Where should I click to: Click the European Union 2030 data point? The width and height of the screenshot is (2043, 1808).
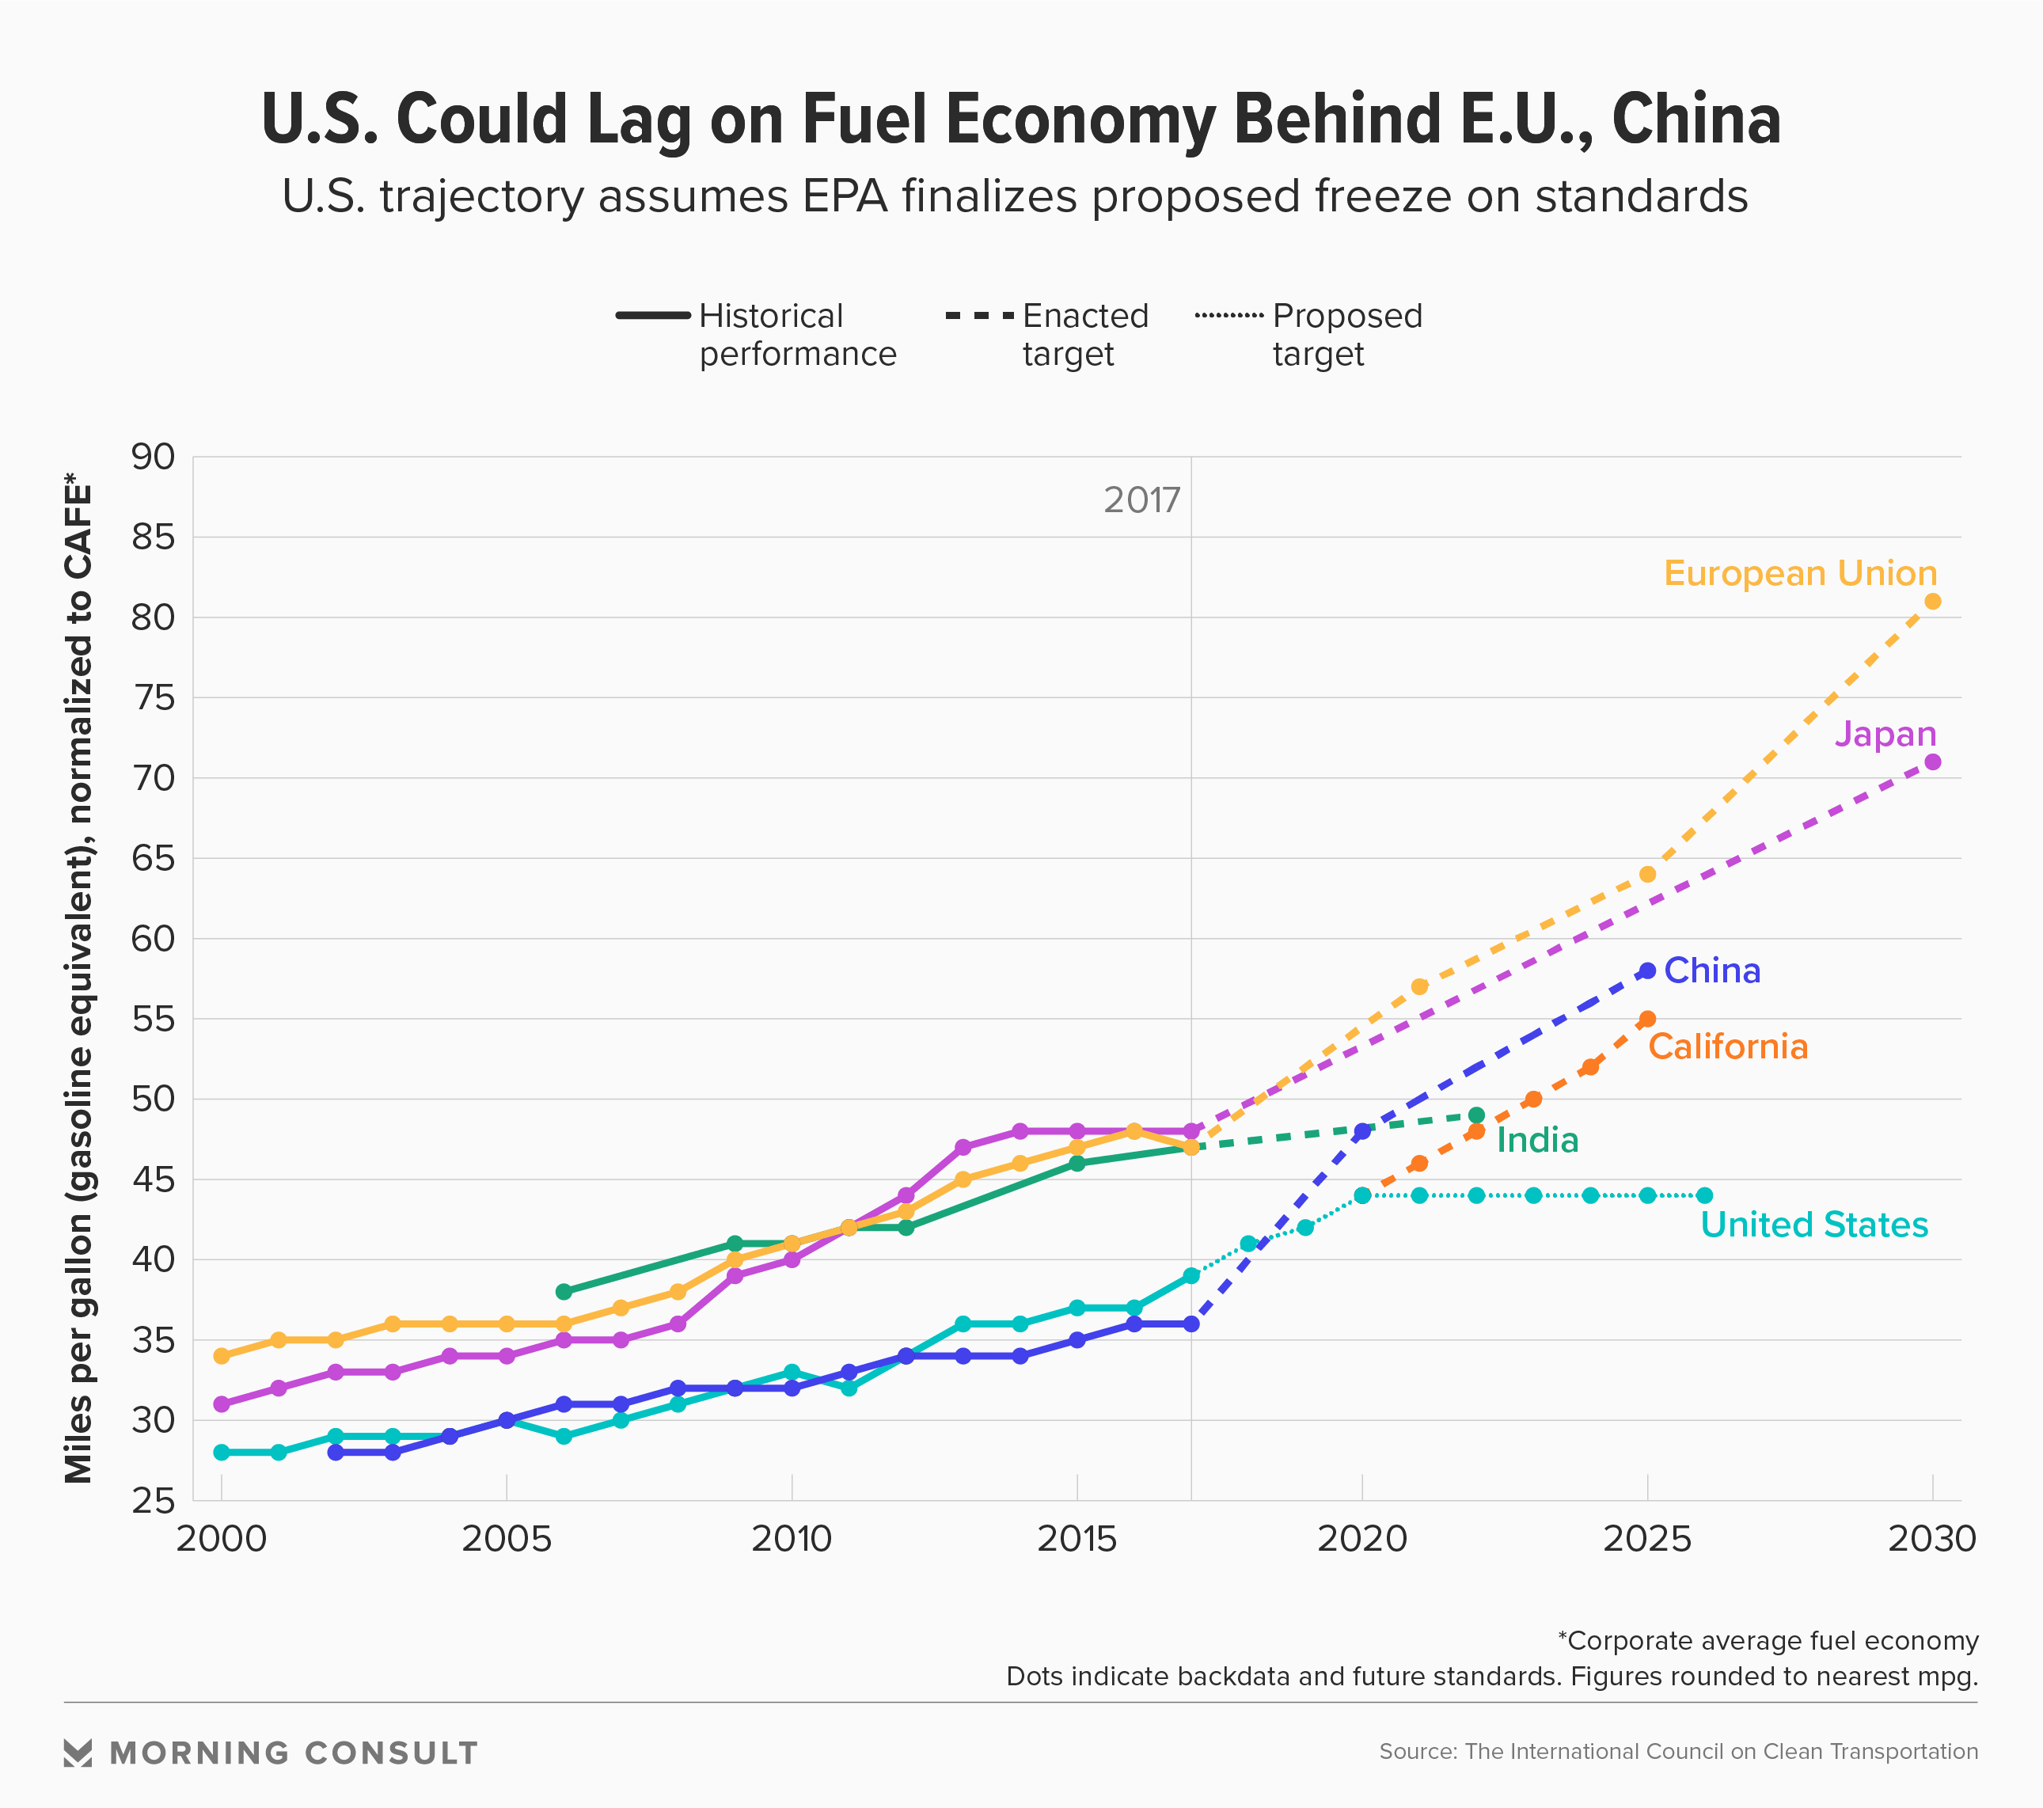[x=1932, y=602]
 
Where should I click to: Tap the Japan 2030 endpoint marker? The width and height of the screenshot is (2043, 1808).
[x=1932, y=762]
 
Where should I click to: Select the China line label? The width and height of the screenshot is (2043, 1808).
[x=1711, y=970]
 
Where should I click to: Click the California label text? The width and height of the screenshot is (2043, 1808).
[x=1728, y=1046]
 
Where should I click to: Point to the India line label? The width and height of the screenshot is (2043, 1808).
[x=1537, y=1141]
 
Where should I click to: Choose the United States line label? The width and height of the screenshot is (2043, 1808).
[x=1814, y=1225]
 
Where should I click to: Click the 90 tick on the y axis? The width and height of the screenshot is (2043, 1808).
[x=153, y=457]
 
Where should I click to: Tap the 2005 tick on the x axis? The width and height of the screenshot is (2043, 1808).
[x=506, y=1539]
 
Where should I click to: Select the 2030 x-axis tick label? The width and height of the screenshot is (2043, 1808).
[x=1931, y=1539]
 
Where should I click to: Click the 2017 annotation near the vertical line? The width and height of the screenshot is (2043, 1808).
[x=1141, y=499]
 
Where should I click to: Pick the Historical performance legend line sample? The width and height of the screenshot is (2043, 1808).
[x=654, y=316]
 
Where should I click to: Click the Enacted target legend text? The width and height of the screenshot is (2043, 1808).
[x=1085, y=335]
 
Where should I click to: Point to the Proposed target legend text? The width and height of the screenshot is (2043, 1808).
[x=1346, y=335]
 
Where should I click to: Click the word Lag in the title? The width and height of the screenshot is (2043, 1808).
[x=639, y=120]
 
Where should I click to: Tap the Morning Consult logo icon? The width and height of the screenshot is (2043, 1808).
[x=78, y=1753]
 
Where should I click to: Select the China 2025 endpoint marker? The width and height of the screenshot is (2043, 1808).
[x=1647, y=970]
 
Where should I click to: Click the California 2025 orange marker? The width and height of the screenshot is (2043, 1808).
[x=1647, y=1020]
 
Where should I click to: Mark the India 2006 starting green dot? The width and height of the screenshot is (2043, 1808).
[x=564, y=1291]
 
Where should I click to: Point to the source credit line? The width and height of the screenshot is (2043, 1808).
[x=1678, y=1752]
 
